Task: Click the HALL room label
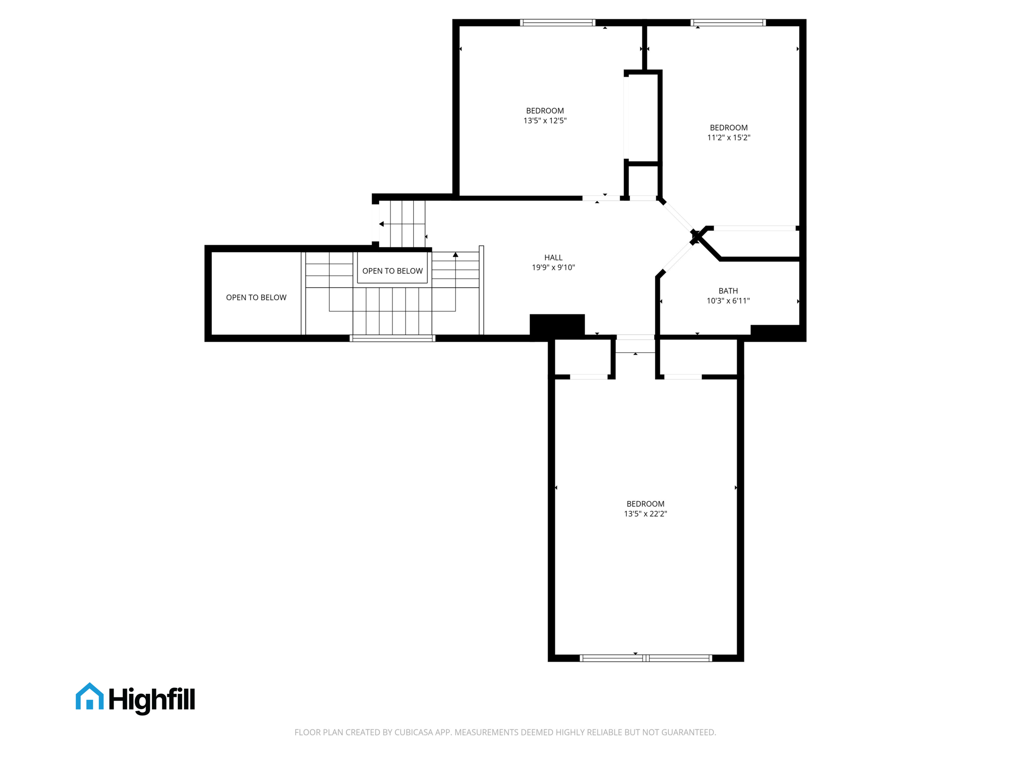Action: click(x=553, y=258)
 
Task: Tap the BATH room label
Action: click(x=728, y=291)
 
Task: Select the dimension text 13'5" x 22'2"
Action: click(x=645, y=514)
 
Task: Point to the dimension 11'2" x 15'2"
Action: click(x=729, y=138)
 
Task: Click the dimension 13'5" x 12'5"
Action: click(x=545, y=120)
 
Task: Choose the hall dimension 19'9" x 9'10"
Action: click(x=553, y=267)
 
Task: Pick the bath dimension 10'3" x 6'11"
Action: click(x=728, y=301)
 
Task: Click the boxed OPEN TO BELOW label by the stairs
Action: click(x=392, y=271)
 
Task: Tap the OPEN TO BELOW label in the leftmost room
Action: click(x=256, y=298)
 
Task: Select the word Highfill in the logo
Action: click(x=152, y=699)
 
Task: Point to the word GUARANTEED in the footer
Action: click(x=688, y=732)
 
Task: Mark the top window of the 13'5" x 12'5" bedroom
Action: click(x=558, y=23)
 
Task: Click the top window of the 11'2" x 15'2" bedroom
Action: click(x=728, y=23)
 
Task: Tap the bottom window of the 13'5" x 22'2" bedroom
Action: click(x=646, y=658)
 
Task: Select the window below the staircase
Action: click(x=392, y=339)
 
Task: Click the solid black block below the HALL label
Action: click(x=557, y=326)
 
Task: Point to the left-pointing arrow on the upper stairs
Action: click(x=382, y=224)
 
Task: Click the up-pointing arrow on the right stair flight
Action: click(x=456, y=255)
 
